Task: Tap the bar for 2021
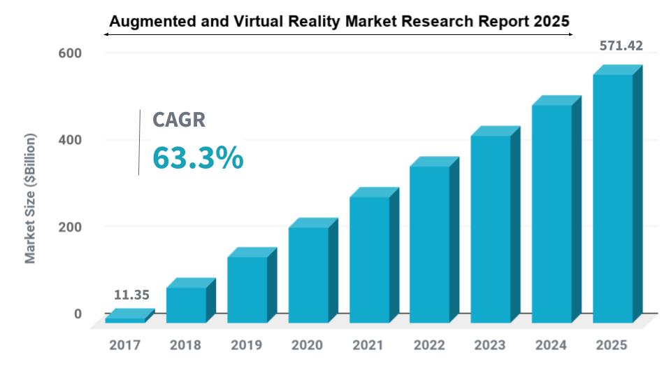(369, 259)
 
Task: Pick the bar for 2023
(491, 228)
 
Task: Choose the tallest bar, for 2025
(613, 197)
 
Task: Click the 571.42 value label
(621, 47)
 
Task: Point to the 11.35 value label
(132, 295)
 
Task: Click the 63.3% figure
(198, 158)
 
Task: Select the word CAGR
(179, 120)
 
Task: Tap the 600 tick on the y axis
(73, 53)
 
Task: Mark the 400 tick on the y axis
(73, 140)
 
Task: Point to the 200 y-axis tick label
(73, 227)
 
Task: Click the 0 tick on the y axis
(78, 314)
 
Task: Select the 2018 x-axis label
(185, 345)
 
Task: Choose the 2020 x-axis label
(307, 345)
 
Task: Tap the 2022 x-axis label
(429, 345)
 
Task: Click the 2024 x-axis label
(551, 345)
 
